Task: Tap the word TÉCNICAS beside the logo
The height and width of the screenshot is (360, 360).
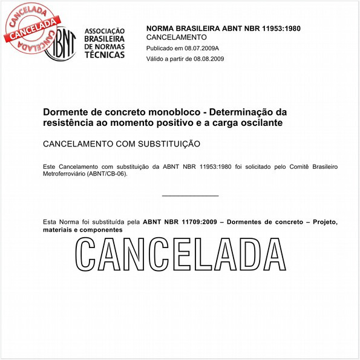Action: coord(105,54)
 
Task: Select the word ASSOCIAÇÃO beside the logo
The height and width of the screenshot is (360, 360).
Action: coord(105,30)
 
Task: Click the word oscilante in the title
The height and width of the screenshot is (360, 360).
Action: coord(262,123)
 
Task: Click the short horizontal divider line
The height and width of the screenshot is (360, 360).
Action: coord(191,195)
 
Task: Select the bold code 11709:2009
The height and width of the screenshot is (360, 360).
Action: coord(201,222)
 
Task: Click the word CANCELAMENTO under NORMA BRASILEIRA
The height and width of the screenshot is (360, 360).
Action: coord(177,38)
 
